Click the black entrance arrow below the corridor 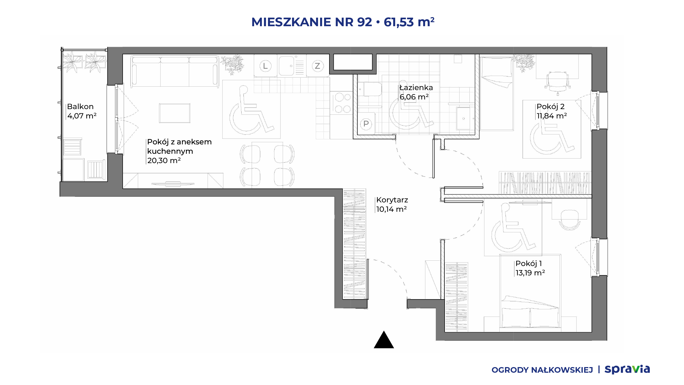coord(384,340)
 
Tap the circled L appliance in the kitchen coord(265,66)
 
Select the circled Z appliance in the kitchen coord(317,66)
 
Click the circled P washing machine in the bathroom coord(366,124)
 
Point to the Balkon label coord(80,106)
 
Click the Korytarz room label coord(392,200)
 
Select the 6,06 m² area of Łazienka coord(414,97)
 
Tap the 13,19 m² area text coord(530,273)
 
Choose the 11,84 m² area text coord(552,116)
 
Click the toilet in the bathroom coord(370,89)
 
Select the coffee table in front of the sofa coord(175,113)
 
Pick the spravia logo coord(627,369)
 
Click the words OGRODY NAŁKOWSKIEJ coord(542,370)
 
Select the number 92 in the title coord(364,22)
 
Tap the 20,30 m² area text coord(164,160)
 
